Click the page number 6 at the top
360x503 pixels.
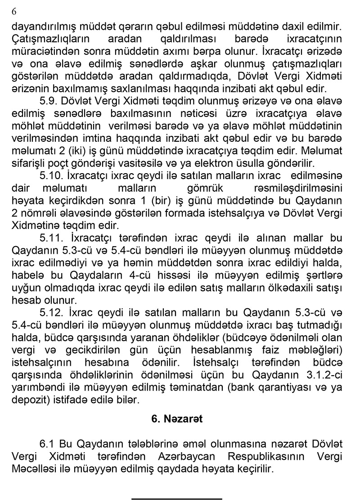pos(14,12)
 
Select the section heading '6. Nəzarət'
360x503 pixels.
pos(177,419)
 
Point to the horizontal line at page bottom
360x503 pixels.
pos(177,499)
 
